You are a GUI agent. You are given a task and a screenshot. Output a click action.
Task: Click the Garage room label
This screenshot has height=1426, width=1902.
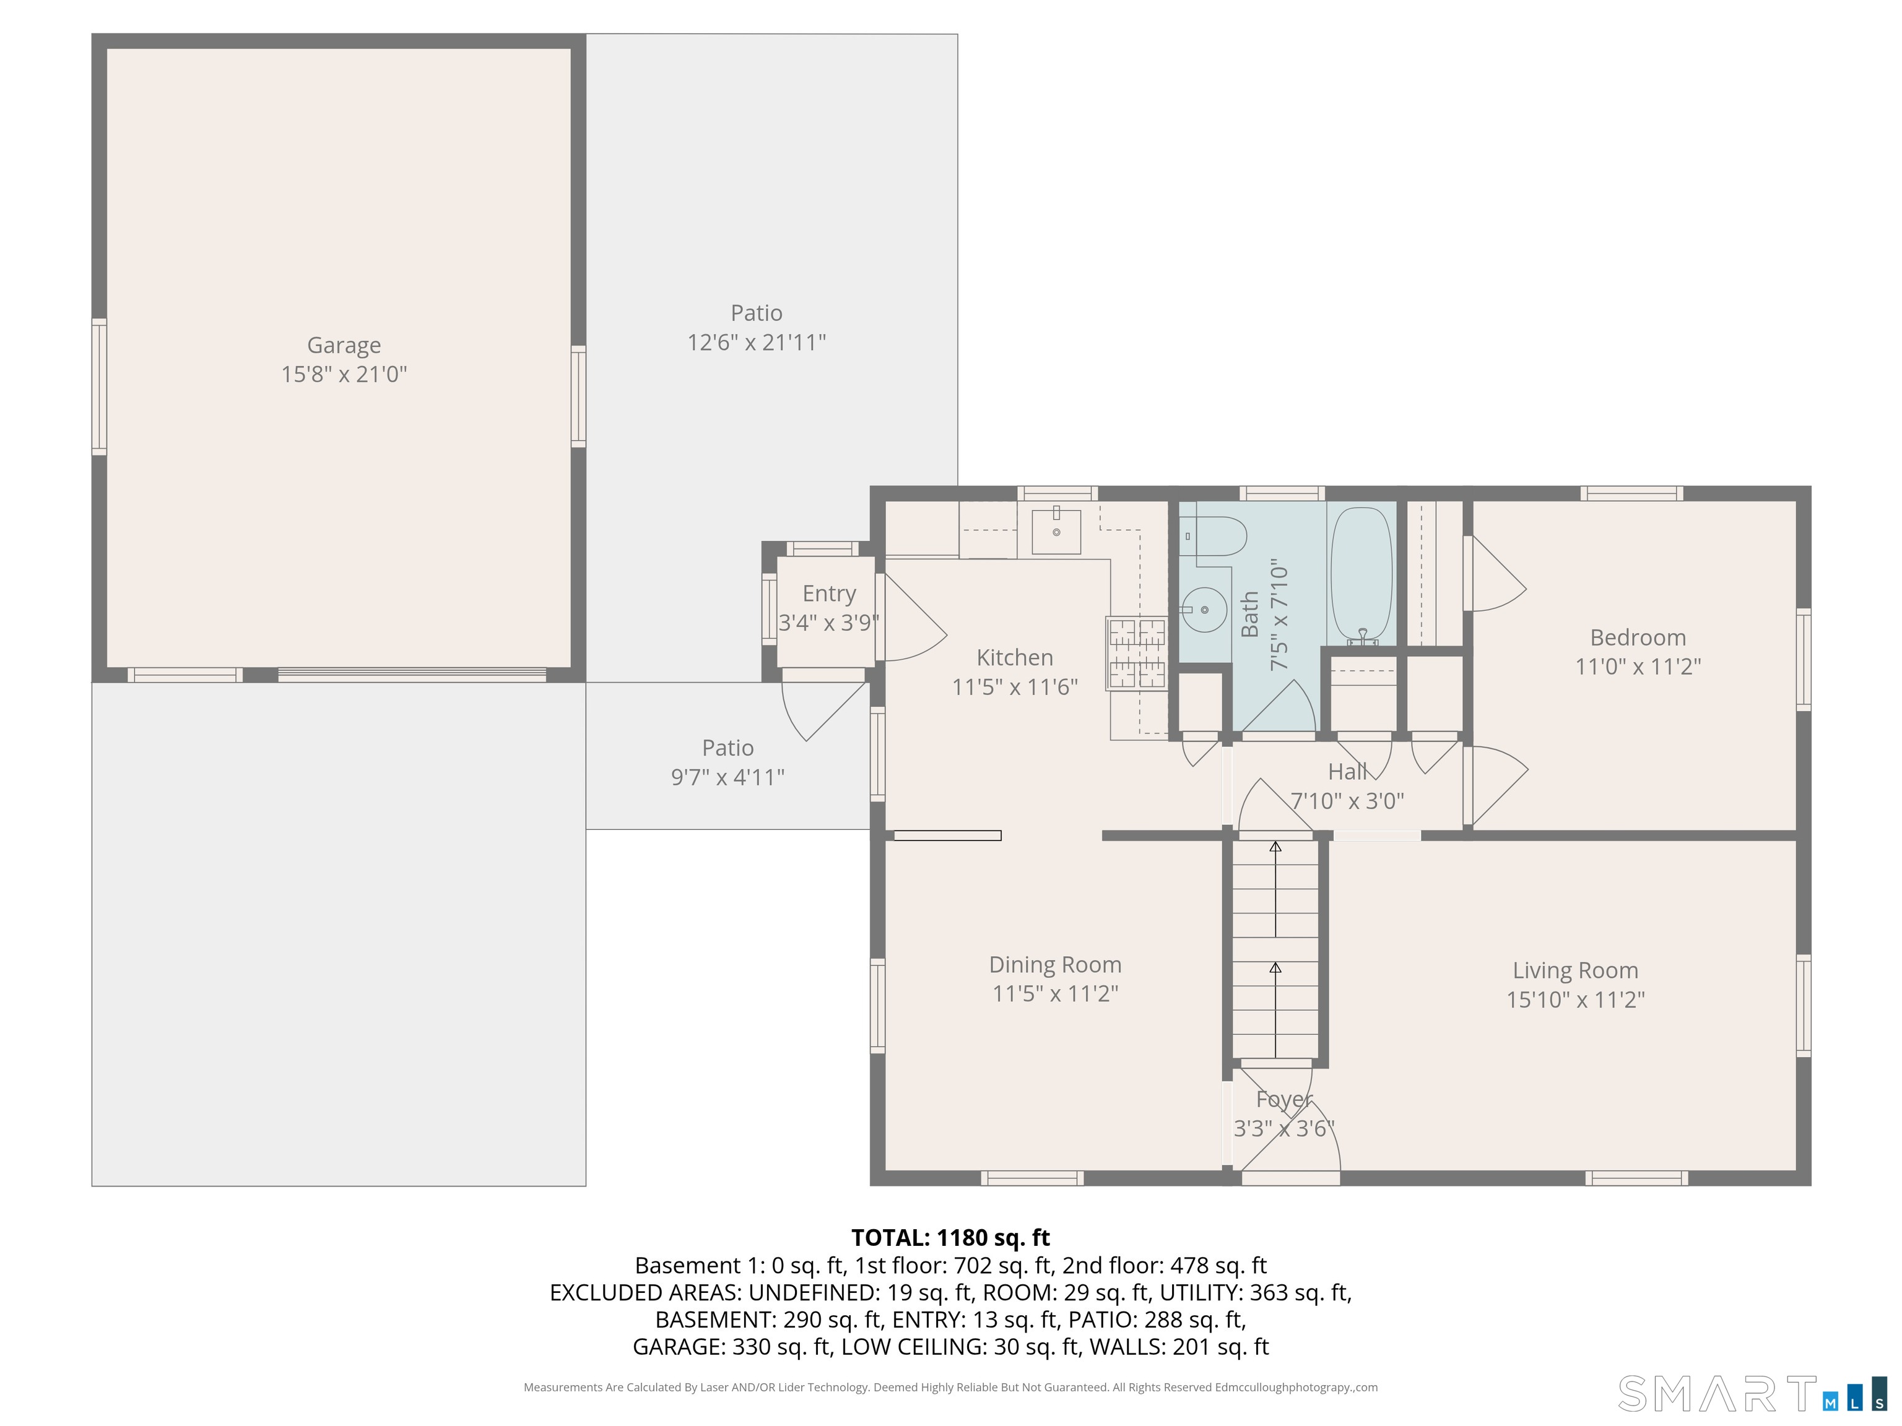point(344,345)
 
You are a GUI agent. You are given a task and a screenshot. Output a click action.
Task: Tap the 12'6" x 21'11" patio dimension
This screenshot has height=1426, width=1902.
point(757,342)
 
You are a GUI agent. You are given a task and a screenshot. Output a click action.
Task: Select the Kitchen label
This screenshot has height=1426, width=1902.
point(1015,657)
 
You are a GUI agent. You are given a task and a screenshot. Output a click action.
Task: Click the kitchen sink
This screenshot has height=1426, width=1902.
point(1056,531)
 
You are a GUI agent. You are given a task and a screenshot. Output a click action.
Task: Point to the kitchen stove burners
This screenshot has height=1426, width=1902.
point(1137,653)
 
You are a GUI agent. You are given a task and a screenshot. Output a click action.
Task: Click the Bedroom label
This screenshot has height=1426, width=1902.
point(1638,637)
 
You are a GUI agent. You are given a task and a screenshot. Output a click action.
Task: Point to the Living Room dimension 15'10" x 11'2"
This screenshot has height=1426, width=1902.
point(1575,1000)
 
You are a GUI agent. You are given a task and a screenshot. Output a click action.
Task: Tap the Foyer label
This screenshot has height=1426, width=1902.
point(1283,1099)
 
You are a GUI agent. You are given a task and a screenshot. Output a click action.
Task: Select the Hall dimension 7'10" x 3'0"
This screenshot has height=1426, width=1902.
point(1347,801)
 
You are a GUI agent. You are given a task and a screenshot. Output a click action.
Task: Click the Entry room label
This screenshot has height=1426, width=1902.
point(829,594)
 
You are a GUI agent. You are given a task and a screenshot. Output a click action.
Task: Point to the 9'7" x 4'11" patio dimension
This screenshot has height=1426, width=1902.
point(727,777)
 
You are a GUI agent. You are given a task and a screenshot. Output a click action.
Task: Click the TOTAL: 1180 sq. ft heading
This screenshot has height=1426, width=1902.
point(950,1238)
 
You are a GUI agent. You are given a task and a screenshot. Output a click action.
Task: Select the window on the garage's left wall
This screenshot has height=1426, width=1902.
point(100,386)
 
